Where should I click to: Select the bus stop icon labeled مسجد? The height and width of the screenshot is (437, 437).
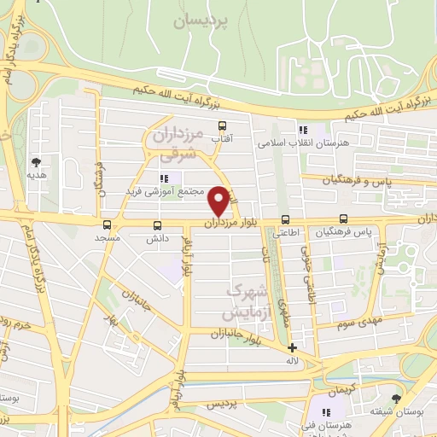point(107,224)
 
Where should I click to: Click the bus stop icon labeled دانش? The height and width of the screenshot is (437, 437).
point(156,225)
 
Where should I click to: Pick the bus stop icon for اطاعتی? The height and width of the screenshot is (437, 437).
point(285,219)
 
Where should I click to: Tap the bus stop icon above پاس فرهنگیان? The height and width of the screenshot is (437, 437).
point(343,218)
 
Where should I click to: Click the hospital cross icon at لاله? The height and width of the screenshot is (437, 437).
point(292,347)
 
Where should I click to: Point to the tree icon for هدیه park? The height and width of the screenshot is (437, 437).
point(36,161)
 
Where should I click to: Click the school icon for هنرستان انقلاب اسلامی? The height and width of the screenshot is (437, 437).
point(302,130)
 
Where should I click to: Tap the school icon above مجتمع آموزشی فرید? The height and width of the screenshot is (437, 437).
point(164,178)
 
